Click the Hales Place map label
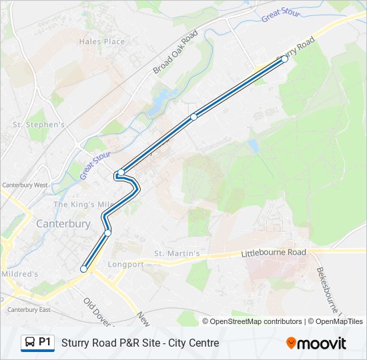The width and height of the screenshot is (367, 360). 102,41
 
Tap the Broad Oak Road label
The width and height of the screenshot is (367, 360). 175,52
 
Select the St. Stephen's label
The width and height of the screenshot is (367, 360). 39,125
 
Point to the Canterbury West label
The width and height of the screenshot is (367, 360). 25,185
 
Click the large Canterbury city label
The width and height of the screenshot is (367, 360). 63,224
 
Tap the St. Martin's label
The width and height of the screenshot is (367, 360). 177,253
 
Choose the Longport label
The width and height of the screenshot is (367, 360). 125,264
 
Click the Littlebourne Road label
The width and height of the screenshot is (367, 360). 273,253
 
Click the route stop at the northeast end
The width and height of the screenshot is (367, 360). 284,59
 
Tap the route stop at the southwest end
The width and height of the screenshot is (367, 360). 84,269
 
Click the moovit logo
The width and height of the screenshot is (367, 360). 316,343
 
